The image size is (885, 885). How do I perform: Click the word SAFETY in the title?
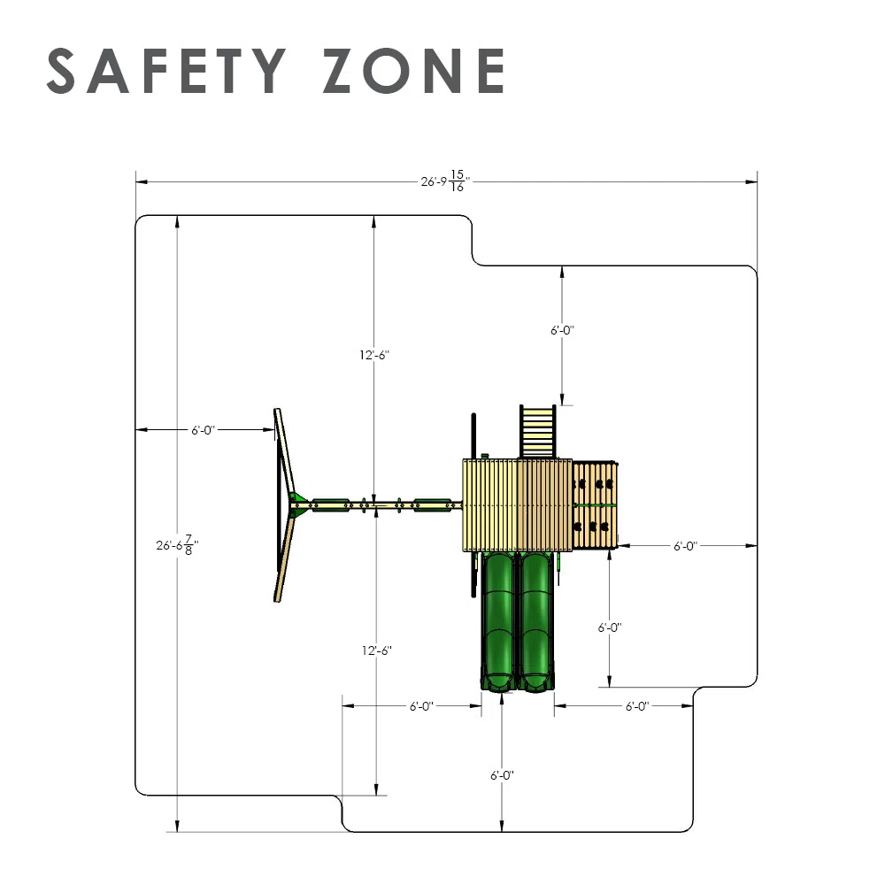[x=166, y=71]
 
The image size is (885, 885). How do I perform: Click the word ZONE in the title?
[x=413, y=71]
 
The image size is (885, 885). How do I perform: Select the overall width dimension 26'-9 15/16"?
[x=445, y=181]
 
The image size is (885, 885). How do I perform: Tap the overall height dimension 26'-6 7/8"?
[x=177, y=545]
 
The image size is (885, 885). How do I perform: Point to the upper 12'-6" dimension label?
[x=374, y=355]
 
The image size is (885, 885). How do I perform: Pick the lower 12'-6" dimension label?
[x=376, y=650]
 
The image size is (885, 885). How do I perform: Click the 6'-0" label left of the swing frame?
[x=203, y=430]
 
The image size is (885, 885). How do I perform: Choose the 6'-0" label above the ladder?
[x=562, y=330]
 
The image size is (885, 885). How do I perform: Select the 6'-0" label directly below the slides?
[x=502, y=775]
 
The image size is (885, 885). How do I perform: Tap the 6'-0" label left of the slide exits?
[x=421, y=706]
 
